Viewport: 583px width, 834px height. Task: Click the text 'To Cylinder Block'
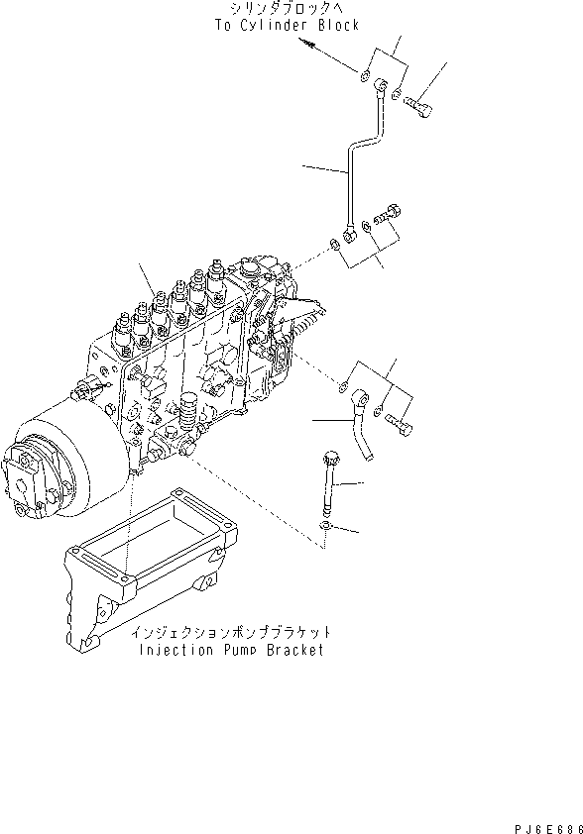coord(286,25)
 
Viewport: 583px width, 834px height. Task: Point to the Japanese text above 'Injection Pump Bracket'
coord(230,632)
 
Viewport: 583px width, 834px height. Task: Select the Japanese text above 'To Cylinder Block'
coord(286,9)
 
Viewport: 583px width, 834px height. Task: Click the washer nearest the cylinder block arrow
coord(366,76)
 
